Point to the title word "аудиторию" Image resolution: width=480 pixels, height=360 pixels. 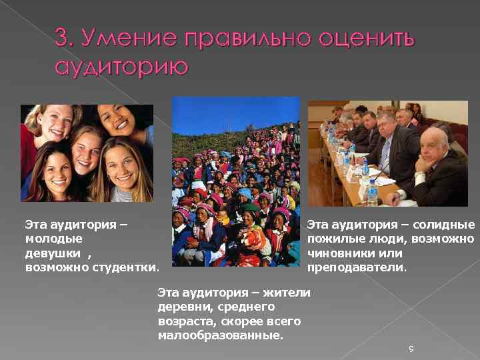tap(121, 68)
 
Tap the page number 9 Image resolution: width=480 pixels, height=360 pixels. tap(411, 349)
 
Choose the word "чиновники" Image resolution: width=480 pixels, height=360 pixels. tap(337, 253)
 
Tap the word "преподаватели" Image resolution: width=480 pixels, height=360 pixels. tap(356, 267)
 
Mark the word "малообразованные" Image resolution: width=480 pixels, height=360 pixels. tap(220, 335)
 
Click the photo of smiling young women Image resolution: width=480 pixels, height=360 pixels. tap(87, 153)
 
